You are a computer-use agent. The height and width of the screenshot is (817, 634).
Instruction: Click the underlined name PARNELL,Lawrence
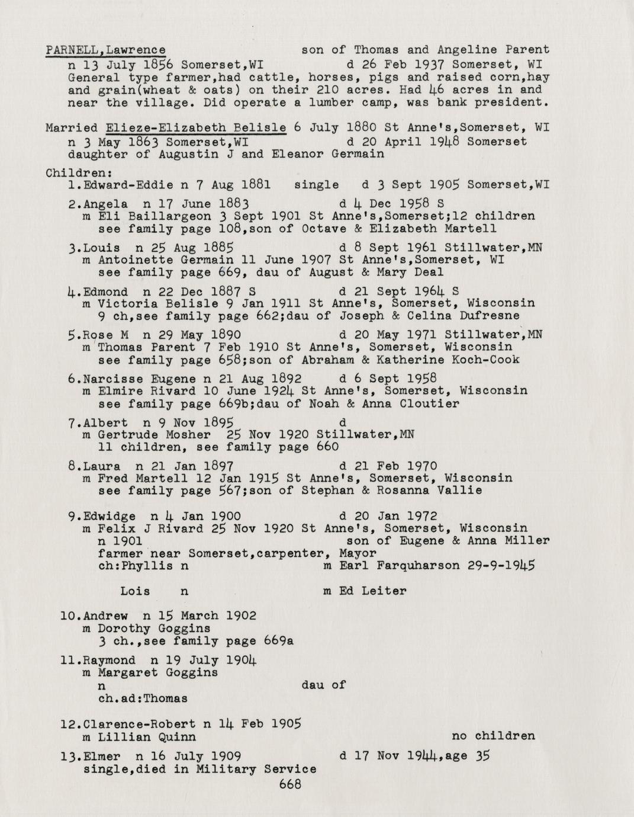105,50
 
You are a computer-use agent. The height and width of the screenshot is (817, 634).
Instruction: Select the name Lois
135,591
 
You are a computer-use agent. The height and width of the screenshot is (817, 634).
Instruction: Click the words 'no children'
493,736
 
